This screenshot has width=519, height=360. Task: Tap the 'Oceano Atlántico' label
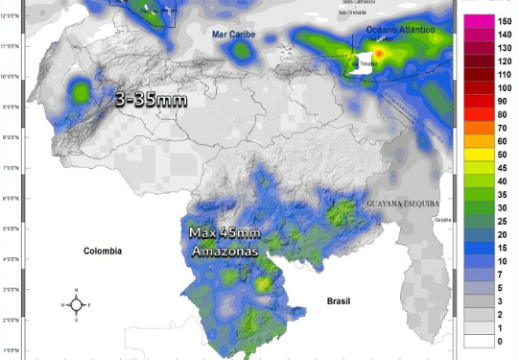click(401, 31)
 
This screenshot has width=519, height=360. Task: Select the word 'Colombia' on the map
click(103, 251)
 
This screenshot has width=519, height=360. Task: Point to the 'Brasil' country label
click(339, 300)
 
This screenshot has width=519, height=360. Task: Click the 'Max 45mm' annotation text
click(224, 233)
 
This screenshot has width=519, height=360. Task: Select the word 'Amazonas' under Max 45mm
click(224, 250)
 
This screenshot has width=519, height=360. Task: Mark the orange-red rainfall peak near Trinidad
click(379, 55)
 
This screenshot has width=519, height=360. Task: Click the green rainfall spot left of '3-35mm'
click(79, 91)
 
